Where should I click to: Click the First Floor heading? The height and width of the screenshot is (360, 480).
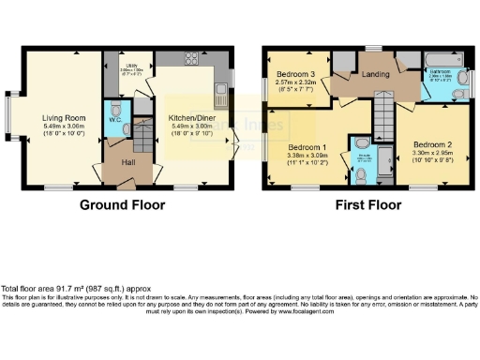pyautogui.click(x=370, y=205)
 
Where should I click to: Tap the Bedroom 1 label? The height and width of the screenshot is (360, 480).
pyautogui.click(x=307, y=148)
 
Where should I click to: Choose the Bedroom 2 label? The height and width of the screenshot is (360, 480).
pyautogui.click(x=432, y=143)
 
